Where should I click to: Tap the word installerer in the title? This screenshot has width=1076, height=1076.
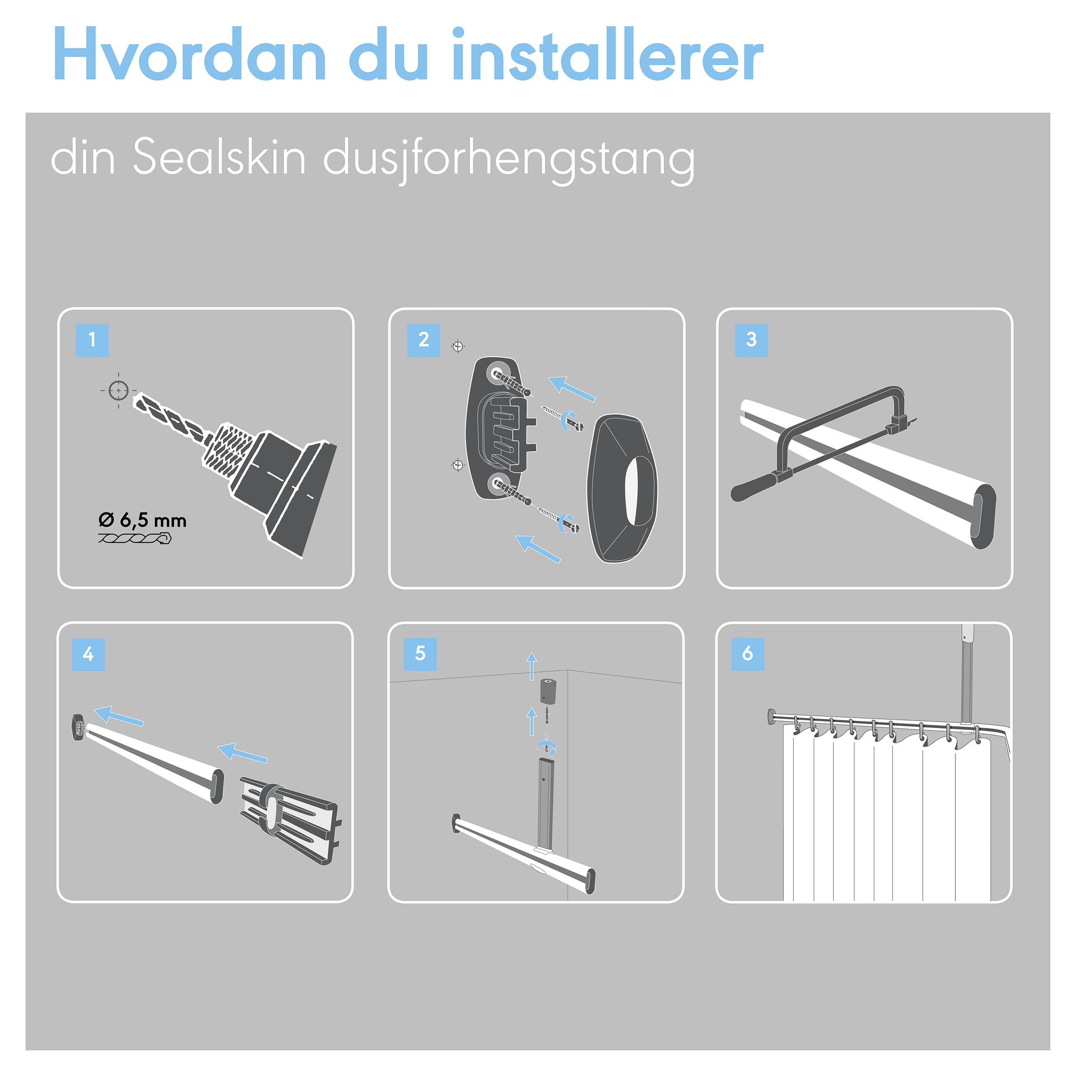(x=607, y=54)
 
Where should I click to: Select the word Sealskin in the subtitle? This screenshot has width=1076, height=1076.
(x=219, y=157)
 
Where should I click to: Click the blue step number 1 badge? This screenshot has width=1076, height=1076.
(x=92, y=340)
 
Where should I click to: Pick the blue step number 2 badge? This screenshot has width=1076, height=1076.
(x=423, y=340)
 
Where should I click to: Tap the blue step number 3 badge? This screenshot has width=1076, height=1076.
(x=751, y=340)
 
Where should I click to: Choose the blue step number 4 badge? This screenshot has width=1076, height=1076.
(x=88, y=654)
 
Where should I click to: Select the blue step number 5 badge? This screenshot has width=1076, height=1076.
(x=420, y=653)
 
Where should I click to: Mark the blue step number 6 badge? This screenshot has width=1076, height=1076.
(x=748, y=653)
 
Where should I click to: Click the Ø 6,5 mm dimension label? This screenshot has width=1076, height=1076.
(x=142, y=520)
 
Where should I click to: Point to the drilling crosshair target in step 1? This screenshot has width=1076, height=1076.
(x=118, y=390)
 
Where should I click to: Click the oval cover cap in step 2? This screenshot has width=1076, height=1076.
(x=622, y=489)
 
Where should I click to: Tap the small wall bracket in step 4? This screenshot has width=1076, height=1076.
(x=76, y=727)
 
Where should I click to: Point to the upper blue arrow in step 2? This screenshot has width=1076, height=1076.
(x=572, y=389)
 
